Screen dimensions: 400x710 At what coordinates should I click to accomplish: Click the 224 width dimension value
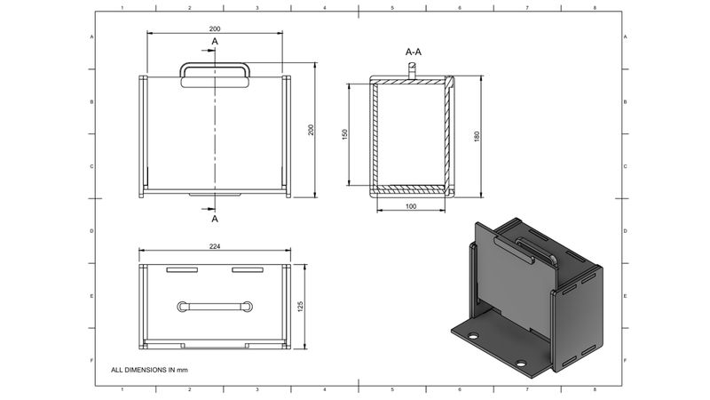point(215,246)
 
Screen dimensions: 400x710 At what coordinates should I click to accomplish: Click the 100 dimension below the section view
point(410,206)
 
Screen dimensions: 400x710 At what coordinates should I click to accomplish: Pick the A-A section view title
point(413,52)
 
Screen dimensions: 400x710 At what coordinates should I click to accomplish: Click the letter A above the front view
point(215,42)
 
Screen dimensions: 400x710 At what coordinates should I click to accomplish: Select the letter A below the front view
point(215,218)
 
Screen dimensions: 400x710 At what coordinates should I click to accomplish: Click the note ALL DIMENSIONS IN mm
point(149,368)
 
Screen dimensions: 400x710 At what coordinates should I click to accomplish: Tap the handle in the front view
point(215,76)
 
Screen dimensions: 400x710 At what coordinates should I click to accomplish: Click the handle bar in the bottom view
point(215,306)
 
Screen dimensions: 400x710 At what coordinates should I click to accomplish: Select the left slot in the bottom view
point(183,269)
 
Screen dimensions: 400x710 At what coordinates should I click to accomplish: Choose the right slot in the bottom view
point(248,269)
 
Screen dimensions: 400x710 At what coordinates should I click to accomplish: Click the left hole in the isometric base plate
point(474,337)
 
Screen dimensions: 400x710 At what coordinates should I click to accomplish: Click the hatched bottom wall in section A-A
point(410,188)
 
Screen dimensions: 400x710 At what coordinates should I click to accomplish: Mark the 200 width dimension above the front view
point(215,29)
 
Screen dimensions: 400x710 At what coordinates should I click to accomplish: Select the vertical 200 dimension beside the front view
point(311,130)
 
